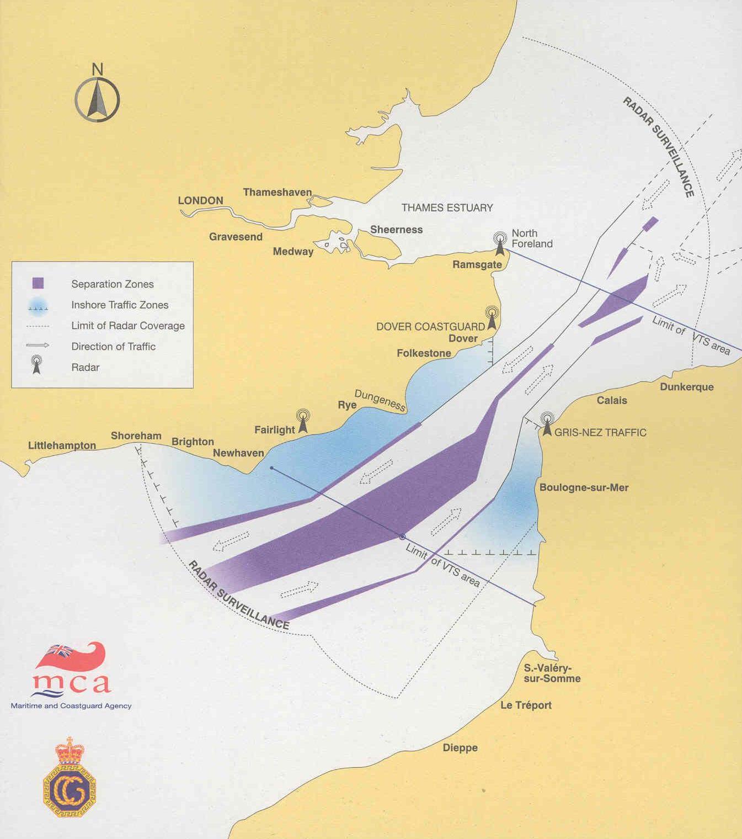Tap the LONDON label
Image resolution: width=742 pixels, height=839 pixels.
pyautogui.click(x=200, y=200)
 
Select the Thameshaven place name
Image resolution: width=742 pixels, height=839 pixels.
pyautogui.click(x=277, y=192)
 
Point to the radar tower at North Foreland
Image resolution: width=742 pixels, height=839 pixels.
pyautogui.click(x=500, y=243)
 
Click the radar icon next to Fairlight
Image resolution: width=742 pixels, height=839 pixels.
pyautogui.click(x=303, y=421)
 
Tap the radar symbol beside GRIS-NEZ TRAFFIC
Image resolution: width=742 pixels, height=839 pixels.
pyautogui.click(x=547, y=424)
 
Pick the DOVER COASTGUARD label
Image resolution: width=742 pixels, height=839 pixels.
pyautogui.click(x=430, y=326)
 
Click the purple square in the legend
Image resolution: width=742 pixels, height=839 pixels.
pyautogui.click(x=38, y=283)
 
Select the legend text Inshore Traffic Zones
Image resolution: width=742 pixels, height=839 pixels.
pyautogui.click(x=120, y=305)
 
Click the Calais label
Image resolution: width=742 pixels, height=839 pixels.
pyautogui.click(x=612, y=400)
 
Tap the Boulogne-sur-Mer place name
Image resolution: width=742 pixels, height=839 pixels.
pyautogui.click(x=584, y=487)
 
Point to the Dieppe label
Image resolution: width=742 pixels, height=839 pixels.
pyautogui.click(x=460, y=748)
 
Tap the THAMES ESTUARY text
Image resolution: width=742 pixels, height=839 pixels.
pyautogui.click(x=447, y=208)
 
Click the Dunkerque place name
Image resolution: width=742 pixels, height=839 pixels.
pyautogui.click(x=687, y=387)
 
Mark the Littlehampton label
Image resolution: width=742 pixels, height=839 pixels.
pyautogui.click(x=62, y=445)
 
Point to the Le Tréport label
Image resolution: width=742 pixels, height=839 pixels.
pyautogui.click(x=526, y=705)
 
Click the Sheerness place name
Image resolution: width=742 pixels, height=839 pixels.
pyautogui.click(x=396, y=230)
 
